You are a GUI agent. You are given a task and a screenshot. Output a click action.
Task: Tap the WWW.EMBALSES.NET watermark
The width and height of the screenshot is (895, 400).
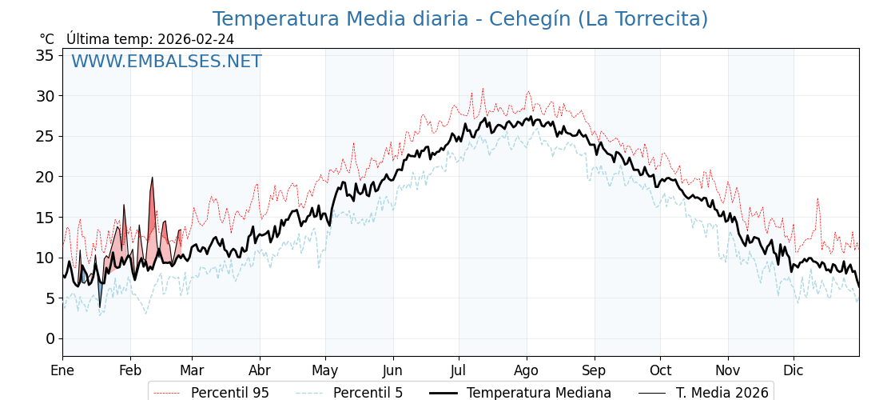(x=166, y=62)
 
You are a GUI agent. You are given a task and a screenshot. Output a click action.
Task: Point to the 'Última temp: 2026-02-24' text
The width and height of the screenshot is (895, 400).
(x=150, y=39)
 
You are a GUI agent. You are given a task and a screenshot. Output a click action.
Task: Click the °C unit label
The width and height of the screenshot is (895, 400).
(x=47, y=39)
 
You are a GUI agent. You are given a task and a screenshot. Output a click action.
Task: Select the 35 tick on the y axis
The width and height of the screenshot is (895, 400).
(x=45, y=55)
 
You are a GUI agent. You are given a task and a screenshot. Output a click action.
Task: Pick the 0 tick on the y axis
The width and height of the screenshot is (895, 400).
(x=50, y=338)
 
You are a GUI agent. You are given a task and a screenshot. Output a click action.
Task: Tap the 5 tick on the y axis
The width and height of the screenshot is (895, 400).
(x=50, y=298)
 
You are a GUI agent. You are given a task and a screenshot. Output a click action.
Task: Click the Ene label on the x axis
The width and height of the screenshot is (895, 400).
(x=62, y=370)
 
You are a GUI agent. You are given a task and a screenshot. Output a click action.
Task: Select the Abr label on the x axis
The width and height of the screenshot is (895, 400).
(x=260, y=370)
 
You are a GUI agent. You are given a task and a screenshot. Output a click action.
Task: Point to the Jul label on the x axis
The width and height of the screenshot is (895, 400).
(x=459, y=370)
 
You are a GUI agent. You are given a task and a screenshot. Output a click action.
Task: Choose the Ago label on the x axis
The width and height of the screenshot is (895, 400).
(x=527, y=370)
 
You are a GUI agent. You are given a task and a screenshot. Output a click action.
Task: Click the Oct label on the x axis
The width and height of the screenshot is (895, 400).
(x=660, y=370)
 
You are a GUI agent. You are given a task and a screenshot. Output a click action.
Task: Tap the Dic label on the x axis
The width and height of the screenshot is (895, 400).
(x=794, y=370)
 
